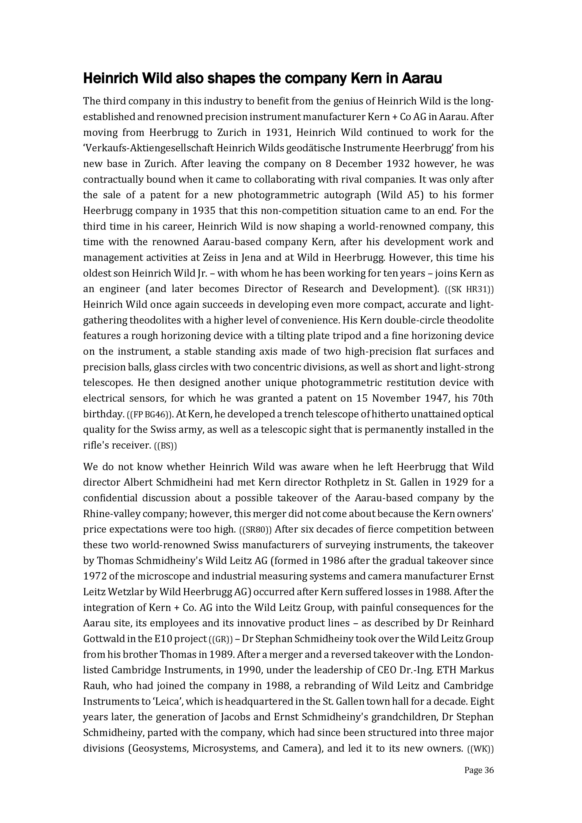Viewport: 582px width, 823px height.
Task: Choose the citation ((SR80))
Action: click(255, 530)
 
